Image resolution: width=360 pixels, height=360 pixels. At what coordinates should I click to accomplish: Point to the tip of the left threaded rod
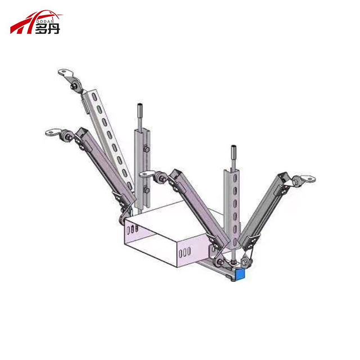click(138, 107)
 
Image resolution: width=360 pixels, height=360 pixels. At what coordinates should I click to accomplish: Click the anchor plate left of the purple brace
click(52, 133)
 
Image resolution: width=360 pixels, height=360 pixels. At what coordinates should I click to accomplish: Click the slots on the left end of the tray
click(131, 229)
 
